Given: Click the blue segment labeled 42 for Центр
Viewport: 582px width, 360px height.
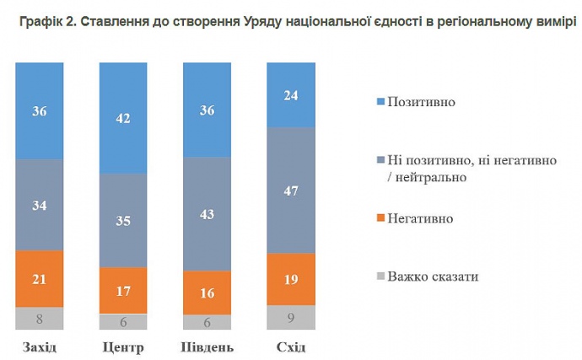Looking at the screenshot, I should [x=123, y=118].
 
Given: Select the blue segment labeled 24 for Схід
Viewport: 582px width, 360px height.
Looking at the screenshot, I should [x=291, y=94].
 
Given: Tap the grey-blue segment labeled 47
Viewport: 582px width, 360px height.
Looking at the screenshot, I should [x=291, y=190].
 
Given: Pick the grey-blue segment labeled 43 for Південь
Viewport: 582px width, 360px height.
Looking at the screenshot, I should [x=207, y=213].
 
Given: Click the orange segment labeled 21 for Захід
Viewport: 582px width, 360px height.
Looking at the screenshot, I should [x=39, y=278].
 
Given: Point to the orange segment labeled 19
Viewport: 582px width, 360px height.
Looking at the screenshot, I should [x=291, y=278].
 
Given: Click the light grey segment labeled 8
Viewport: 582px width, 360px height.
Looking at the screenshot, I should [x=39, y=318].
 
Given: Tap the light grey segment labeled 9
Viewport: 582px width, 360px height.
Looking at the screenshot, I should [x=291, y=317].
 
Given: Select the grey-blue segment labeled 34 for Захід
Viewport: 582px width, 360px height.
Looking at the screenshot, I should [x=39, y=204].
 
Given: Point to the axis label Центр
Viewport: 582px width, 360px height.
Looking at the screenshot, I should [x=123, y=347].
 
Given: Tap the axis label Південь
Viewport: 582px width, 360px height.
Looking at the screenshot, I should [x=207, y=347].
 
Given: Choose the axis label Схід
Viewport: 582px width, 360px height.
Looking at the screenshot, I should [x=291, y=347].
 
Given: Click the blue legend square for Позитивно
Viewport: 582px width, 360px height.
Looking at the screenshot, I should [x=379, y=102].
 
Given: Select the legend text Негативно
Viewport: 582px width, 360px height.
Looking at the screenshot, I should [x=420, y=218].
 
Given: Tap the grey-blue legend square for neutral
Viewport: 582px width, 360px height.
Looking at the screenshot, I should [x=379, y=160].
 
